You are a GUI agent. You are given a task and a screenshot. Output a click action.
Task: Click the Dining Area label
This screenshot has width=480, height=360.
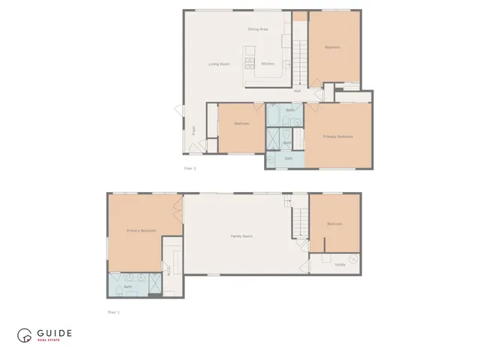(x=258, y=29)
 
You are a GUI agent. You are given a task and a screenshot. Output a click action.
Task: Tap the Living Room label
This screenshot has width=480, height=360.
(x=218, y=64)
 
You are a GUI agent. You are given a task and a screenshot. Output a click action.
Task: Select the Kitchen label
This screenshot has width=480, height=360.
(x=268, y=64)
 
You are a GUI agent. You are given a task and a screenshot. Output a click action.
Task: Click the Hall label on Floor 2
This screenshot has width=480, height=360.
(x=298, y=91)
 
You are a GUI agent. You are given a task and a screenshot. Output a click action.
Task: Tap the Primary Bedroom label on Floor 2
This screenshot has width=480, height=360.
(x=337, y=136)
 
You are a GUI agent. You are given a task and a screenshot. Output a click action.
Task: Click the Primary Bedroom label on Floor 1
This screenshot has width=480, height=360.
(x=141, y=231)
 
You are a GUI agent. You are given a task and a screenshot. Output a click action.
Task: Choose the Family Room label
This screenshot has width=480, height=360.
(x=241, y=236)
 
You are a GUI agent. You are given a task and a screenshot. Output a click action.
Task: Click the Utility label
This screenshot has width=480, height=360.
(x=340, y=264)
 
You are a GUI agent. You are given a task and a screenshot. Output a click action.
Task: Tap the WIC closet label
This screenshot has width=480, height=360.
(x=168, y=271)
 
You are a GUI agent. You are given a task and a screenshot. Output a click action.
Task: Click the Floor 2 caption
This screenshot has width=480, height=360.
(x=190, y=168)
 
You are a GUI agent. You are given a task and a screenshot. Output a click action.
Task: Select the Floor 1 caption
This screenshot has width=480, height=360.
(x=113, y=311)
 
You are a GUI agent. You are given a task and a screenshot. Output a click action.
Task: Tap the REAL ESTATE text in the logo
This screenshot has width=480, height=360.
(x=50, y=341)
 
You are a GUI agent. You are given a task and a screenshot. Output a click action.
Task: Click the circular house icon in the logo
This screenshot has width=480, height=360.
(x=25, y=336)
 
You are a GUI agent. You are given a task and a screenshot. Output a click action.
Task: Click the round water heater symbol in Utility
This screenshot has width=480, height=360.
(x=353, y=259)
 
